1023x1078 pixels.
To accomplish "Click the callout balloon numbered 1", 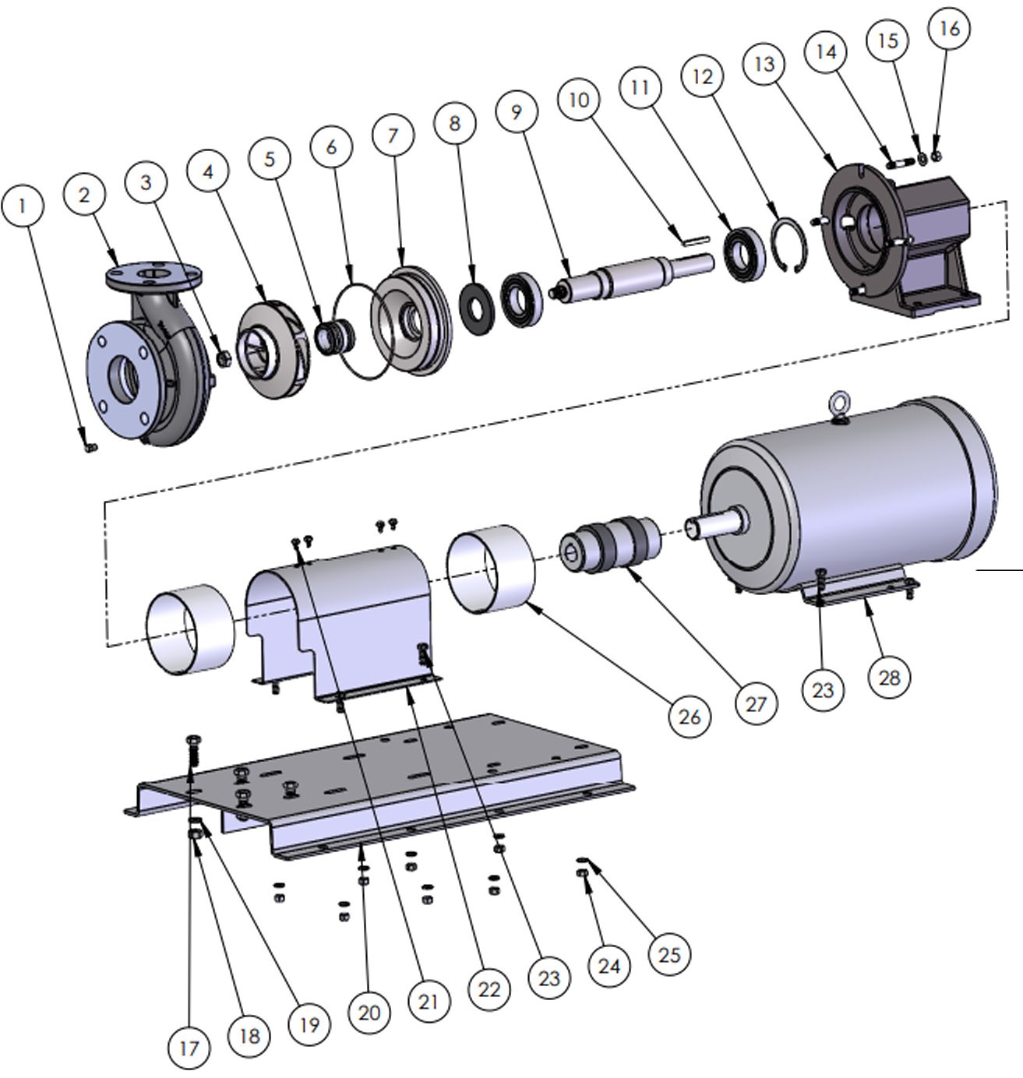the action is pos(22,206).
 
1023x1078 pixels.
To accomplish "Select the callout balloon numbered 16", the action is pos(950,29).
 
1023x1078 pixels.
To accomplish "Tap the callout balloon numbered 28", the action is pos(889,677).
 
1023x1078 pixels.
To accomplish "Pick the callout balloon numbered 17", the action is pos(189,1048).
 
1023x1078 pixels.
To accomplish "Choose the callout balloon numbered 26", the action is pos(690,716).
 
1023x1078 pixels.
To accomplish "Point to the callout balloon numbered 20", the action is pos(369,1013).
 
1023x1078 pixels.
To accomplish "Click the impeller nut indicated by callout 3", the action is pos(224,359).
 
